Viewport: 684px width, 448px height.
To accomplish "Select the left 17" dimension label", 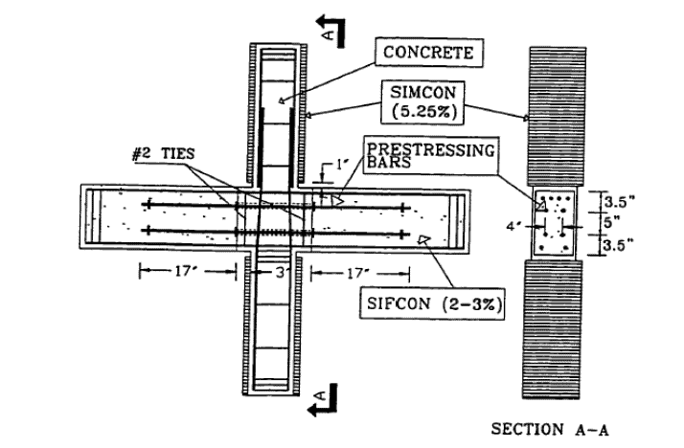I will (186, 272).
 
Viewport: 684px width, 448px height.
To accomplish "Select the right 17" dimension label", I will (363, 272).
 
